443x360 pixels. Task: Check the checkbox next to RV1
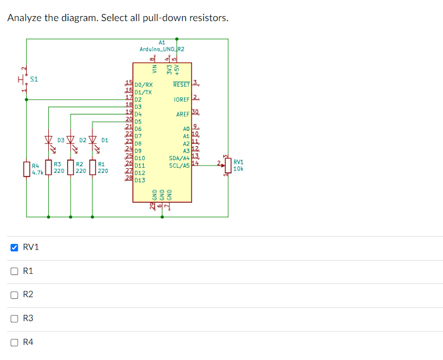tap(14, 247)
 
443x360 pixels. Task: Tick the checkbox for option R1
tap(14, 271)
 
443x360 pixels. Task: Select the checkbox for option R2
tap(14, 294)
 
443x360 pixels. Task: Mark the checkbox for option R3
tap(14, 318)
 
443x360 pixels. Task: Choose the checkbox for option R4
tap(14, 342)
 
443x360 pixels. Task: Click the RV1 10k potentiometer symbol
tap(228, 165)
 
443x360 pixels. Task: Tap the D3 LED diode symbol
tap(48, 140)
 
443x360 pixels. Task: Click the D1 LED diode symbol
tap(93, 140)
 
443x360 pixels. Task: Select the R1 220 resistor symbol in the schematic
tap(93, 168)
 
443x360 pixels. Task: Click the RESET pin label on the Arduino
tap(181, 85)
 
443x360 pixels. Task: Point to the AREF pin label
tap(183, 114)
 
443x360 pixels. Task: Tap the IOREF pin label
tap(182, 99)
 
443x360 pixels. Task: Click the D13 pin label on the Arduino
tap(139, 180)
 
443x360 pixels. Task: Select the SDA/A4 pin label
tap(179, 158)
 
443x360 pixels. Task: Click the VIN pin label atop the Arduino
tap(155, 69)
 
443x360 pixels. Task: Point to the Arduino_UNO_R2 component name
tap(162, 49)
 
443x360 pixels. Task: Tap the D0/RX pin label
tap(143, 85)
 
